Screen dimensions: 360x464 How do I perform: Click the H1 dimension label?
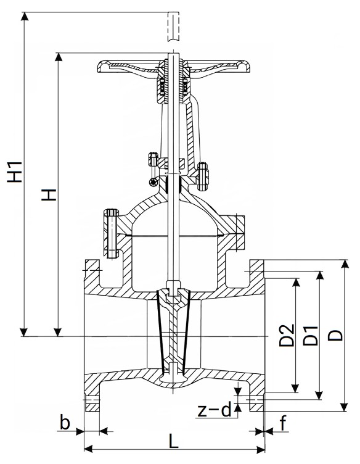click(15, 172)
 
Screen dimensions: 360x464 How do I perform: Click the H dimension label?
click(49, 195)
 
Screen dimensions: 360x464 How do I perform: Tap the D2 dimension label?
click(287, 335)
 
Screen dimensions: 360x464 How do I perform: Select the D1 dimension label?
click(311, 336)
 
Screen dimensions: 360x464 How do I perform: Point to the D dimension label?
click(335, 336)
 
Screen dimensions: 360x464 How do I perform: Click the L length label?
click(174, 441)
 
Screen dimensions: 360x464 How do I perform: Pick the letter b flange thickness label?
click(65, 422)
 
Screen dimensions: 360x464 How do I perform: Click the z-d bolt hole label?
click(214, 410)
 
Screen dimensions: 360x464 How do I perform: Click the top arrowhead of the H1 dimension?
click(25, 17)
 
